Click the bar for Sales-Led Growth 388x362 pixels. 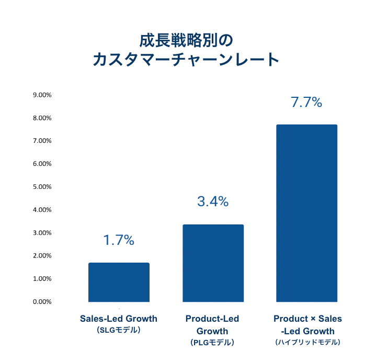[119, 282]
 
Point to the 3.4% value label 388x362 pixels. [213, 201]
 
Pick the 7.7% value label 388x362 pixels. [306, 102]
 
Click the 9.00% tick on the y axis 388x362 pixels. [42, 95]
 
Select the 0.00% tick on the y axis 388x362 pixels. [42, 302]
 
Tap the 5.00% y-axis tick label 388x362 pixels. [42, 187]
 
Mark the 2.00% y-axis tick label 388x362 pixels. [42, 256]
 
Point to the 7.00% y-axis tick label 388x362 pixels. [42, 141]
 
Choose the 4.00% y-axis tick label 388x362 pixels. [42, 210]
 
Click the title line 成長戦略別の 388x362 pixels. [185, 40]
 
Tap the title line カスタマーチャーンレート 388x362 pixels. [186, 60]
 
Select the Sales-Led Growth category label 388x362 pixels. [119, 319]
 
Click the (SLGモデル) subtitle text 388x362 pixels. [119, 331]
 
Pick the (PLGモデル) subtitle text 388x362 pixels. [212, 343]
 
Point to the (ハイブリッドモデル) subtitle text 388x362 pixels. [307, 342]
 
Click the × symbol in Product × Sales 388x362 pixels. [313, 319]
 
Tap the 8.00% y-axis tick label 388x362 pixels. [42, 118]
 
